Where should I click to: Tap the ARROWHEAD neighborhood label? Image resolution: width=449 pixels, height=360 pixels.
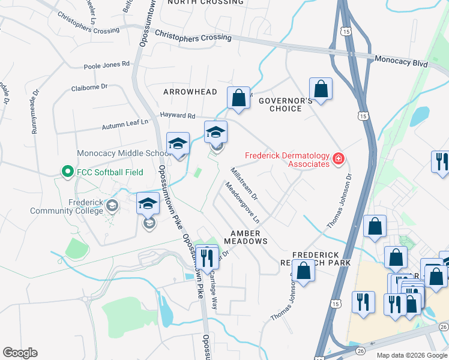pyautogui.click(x=190, y=91)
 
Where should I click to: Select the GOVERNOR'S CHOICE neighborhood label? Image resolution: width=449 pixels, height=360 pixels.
pyautogui.click(x=286, y=104)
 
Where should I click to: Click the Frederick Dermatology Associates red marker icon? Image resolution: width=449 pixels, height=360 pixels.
pyautogui.click(x=339, y=159)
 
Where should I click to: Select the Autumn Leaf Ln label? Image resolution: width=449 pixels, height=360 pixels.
pyautogui.click(x=125, y=123)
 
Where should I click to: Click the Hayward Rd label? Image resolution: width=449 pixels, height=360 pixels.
pyautogui.click(x=178, y=115)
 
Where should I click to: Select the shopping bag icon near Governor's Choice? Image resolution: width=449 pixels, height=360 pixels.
pyautogui.click(x=321, y=89)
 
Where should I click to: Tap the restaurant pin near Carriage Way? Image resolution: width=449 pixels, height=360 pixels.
pyautogui.click(x=207, y=257)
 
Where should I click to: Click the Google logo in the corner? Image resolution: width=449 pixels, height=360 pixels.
pyautogui.click(x=20, y=353)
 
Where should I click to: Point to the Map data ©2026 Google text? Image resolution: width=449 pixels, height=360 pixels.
pyautogui.click(x=411, y=355)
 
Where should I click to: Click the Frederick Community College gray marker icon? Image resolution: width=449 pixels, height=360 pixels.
pyautogui.click(x=112, y=206)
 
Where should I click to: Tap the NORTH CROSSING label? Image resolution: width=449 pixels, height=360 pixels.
pyautogui.click(x=206, y=2)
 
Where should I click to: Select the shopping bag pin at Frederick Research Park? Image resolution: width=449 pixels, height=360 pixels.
pyautogui.click(x=304, y=271)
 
